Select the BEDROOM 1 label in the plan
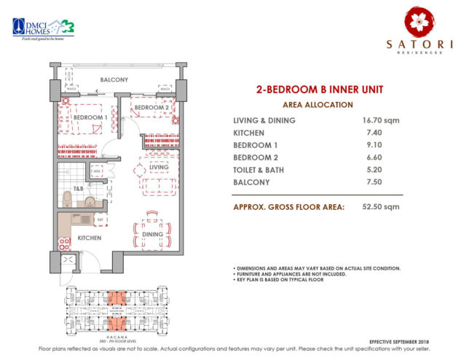coord(90,117)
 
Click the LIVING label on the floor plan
coord(159,168)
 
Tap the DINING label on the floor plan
coord(163,234)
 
